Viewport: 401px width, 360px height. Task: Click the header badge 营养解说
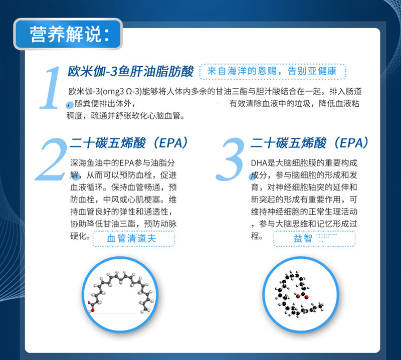pos(68,34)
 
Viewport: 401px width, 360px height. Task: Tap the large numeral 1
pos(51,88)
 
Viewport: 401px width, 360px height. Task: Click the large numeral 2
pos(52,159)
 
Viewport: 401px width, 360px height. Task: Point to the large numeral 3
pos(231,159)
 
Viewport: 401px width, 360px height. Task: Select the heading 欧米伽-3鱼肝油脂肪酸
pos(131,71)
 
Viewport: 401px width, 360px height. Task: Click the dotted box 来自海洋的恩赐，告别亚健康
pos(273,71)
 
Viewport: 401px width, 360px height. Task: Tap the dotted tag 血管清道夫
pos(134,239)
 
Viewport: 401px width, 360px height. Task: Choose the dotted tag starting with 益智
pos(315,239)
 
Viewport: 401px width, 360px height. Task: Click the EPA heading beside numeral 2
pos(129,143)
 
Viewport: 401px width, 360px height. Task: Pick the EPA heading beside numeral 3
pos(310,143)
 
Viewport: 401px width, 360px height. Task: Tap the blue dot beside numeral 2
pos(78,176)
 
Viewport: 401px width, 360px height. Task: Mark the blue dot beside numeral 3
pos(252,176)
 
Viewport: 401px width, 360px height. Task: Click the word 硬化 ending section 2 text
pos(79,236)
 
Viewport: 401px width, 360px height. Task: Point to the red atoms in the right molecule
pos(302,296)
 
